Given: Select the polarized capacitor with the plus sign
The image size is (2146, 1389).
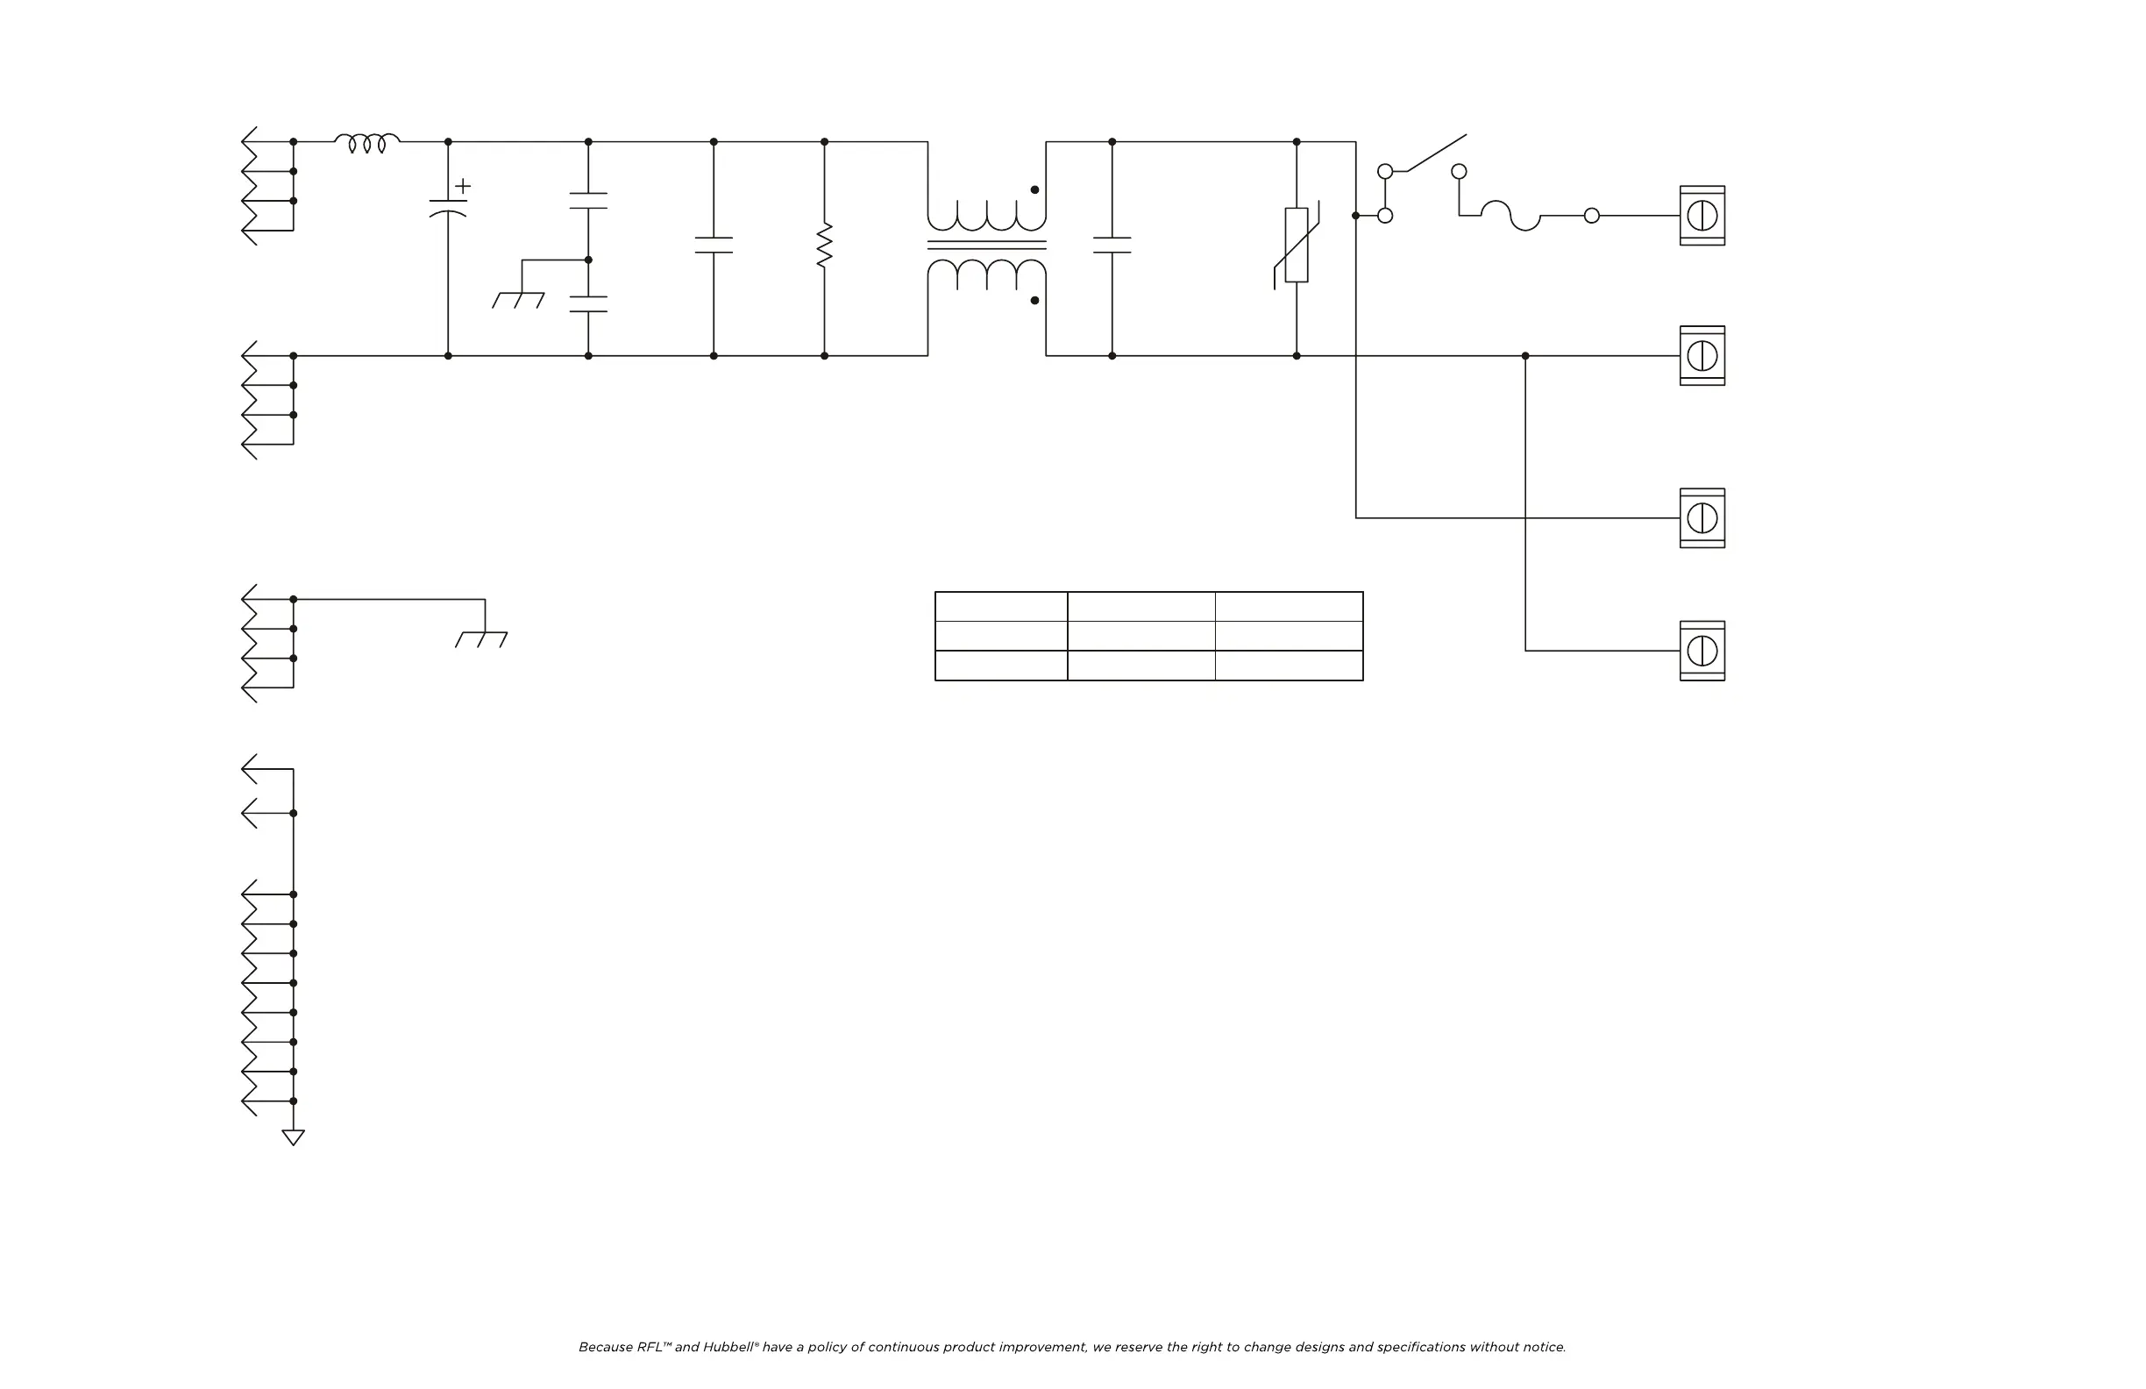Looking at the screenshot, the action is (x=448, y=209).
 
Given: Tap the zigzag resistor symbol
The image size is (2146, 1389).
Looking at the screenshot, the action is (x=824, y=246).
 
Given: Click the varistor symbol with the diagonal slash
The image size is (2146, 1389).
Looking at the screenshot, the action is (x=1297, y=245).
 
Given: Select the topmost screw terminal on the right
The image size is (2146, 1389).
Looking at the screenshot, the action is (x=1702, y=216).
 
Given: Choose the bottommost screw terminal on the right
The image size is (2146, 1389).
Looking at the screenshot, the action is (x=1702, y=651).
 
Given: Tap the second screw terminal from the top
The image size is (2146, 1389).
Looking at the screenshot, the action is (x=1702, y=355).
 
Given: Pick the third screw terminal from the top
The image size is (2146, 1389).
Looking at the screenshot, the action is (x=1702, y=517).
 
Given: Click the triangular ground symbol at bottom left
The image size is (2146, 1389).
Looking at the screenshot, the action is (x=293, y=1137).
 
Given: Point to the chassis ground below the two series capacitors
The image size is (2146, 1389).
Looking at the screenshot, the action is (x=518, y=299).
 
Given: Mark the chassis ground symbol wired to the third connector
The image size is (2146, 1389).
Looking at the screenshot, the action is (x=481, y=638).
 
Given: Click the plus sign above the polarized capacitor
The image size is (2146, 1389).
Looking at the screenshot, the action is (x=463, y=186).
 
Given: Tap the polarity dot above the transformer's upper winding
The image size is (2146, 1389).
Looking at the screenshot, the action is (x=1034, y=189).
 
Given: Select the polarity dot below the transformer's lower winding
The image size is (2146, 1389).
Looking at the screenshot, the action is (x=1034, y=301).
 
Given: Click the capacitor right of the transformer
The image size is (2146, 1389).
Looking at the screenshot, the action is (x=1112, y=246).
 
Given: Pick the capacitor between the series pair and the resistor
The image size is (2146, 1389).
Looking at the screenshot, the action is (x=714, y=246).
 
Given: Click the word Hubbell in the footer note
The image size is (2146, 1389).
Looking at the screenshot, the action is (x=729, y=1347).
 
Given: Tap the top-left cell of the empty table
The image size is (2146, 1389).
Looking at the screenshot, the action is (x=1001, y=606).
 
